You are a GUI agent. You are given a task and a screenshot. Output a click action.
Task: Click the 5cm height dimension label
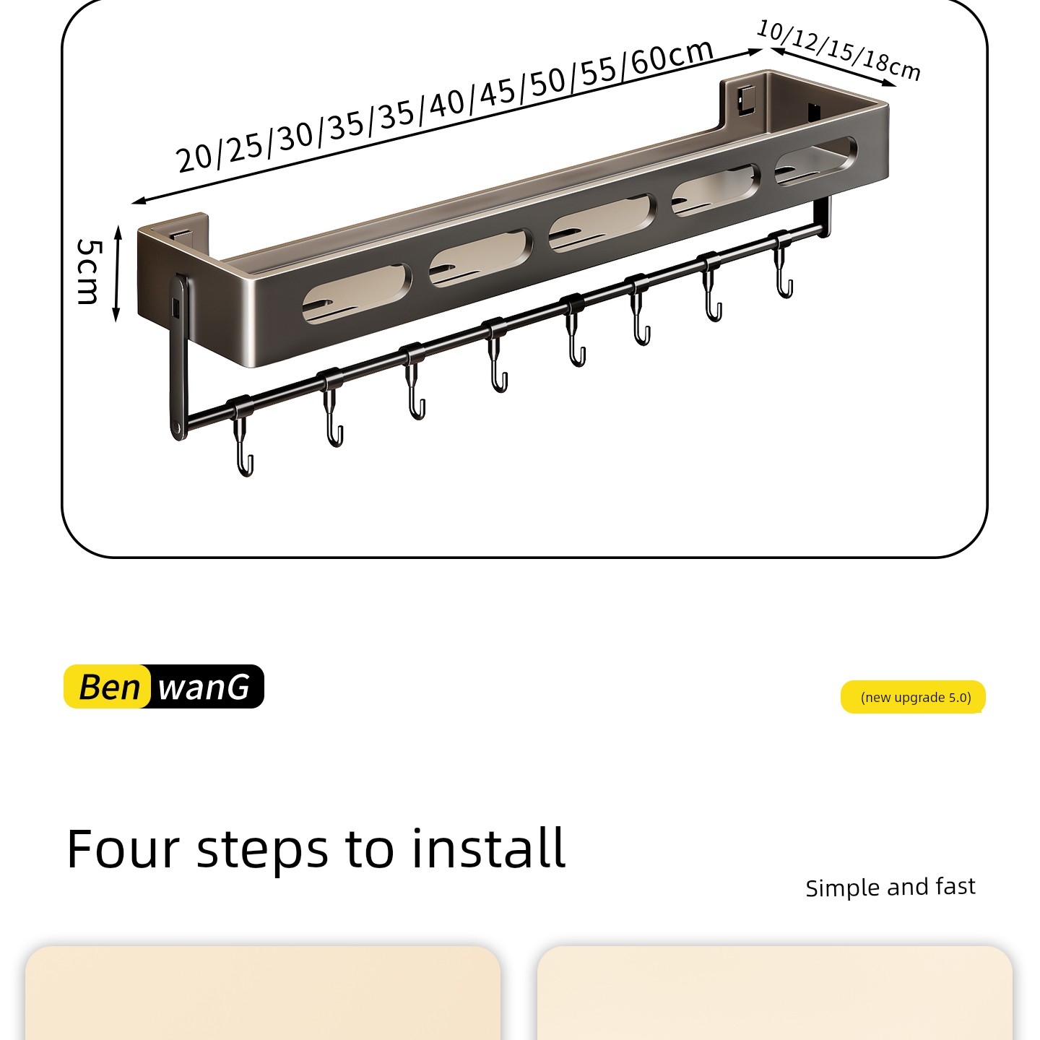click(89, 272)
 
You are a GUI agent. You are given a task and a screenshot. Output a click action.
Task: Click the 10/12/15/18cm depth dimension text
click(839, 50)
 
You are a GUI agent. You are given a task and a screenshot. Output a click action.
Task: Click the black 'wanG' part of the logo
click(205, 687)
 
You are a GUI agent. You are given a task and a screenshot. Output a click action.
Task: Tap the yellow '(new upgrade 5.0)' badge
click(913, 697)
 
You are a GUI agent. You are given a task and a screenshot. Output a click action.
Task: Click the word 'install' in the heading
click(488, 849)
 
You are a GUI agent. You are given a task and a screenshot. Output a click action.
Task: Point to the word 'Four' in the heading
click(123, 849)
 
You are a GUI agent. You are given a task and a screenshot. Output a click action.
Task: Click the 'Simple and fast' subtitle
click(890, 888)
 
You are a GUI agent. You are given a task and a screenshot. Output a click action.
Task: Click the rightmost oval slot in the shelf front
click(815, 161)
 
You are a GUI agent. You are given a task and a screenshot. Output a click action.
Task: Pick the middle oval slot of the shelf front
click(603, 223)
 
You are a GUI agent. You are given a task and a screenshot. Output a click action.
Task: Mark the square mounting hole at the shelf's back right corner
click(747, 100)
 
